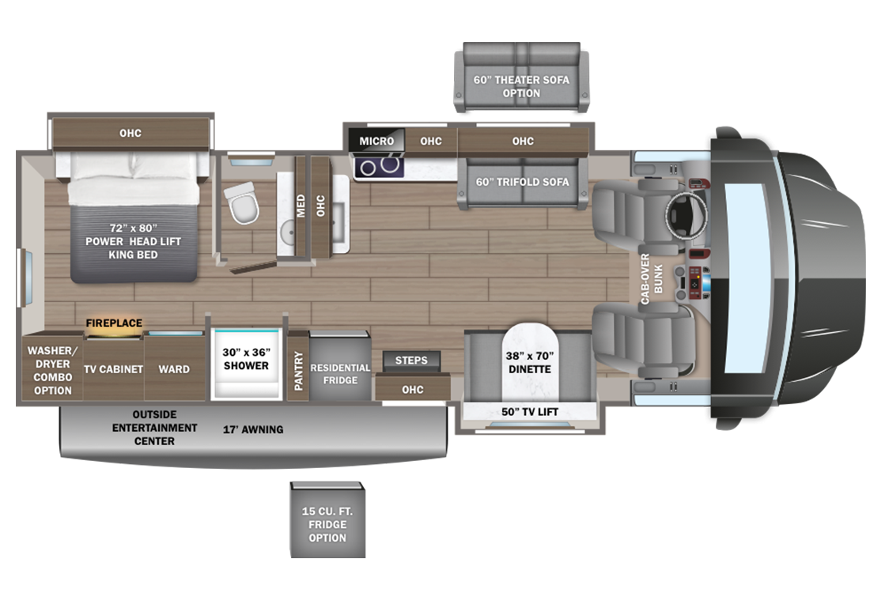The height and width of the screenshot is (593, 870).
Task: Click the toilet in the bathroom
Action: tap(242, 203)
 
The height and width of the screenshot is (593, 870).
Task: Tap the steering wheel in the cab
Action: tap(687, 213)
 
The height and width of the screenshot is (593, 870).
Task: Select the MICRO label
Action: tap(376, 141)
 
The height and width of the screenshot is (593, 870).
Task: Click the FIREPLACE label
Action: tap(114, 323)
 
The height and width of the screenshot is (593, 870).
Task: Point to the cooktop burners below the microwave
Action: tap(379, 166)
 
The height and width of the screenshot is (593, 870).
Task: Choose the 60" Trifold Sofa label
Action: tap(522, 182)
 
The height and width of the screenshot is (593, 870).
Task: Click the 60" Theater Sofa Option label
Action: tap(521, 86)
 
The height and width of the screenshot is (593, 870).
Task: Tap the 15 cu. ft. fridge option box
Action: tap(327, 520)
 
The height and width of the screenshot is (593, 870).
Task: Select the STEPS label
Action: tap(411, 361)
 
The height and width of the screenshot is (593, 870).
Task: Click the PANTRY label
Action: tap(298, 371)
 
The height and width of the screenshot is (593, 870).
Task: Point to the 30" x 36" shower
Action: tap(246, 364)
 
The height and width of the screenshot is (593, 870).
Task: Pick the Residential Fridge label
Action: tap(340, 374)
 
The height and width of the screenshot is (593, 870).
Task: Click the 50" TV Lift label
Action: tap(529, 412)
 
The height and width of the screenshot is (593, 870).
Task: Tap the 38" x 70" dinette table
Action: tap(530, 362)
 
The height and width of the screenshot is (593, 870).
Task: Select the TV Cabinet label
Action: tap(113, 369)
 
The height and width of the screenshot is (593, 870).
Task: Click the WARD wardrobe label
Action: tap(174, 369)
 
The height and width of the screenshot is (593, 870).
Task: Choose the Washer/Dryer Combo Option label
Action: tap(53, 371)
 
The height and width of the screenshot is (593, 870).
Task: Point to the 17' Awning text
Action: tap(253, 429)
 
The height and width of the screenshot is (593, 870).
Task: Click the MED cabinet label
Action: tap(301, 206)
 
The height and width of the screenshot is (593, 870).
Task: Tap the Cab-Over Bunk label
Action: tap(652, 279)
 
